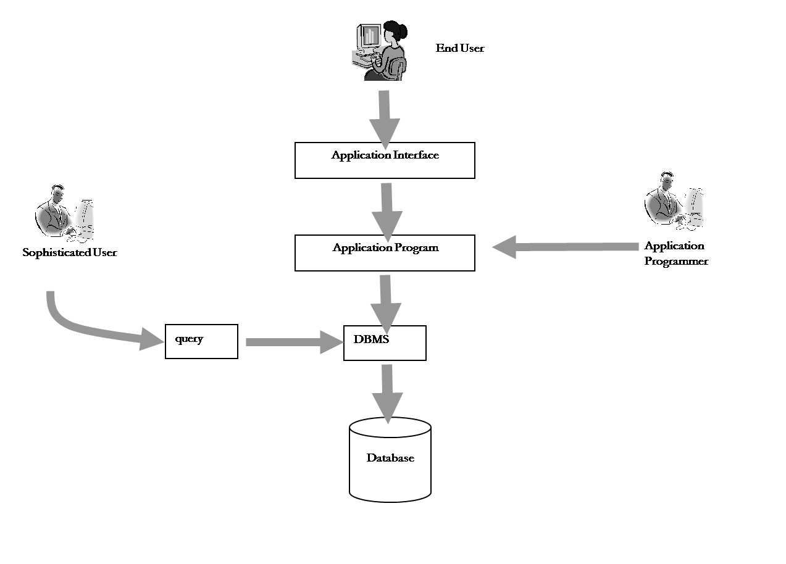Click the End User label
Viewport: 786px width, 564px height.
coord(460,48)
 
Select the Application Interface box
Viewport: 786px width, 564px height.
coord(385,160)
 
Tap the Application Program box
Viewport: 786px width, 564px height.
coord(385,253)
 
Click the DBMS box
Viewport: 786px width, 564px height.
coord(385,343)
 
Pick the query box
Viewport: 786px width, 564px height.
coord(201,341)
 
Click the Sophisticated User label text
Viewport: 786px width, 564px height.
coord(69,252)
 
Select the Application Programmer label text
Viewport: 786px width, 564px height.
coord(675,253)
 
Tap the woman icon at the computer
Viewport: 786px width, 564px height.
coord(389,52)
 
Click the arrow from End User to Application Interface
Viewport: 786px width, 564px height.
coord(384,120)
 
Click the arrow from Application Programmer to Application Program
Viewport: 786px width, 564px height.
coord(565,247)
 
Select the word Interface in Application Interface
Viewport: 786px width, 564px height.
coord(412,155)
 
